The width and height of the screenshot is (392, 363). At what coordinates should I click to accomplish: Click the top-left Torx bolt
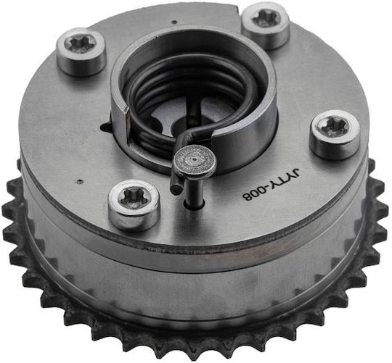(81, 51)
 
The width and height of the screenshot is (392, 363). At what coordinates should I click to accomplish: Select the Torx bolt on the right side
(335, 134)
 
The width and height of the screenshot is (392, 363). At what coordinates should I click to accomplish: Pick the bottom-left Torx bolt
(134, 204)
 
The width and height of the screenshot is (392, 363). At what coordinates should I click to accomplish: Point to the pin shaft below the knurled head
(195, 191)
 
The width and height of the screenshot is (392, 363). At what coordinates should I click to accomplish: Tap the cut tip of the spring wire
(176, 188)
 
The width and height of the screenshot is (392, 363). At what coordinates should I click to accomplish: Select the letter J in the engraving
(295, 173)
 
